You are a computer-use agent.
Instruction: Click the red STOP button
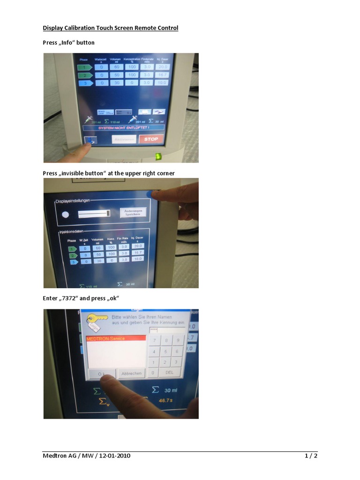coord(151,139)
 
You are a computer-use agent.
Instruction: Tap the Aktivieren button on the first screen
coord(124,139)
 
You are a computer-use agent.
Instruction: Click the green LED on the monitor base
coord(158,156)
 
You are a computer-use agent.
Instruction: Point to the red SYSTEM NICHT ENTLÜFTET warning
coord(124,127)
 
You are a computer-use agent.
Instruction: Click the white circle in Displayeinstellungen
coord(66,214)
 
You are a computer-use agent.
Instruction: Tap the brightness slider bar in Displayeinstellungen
coord(94,214)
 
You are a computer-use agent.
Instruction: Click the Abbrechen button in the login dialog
coord(131,374)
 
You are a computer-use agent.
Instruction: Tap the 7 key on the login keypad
coord(154,340)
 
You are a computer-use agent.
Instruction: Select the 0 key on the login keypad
coord(152,373)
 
